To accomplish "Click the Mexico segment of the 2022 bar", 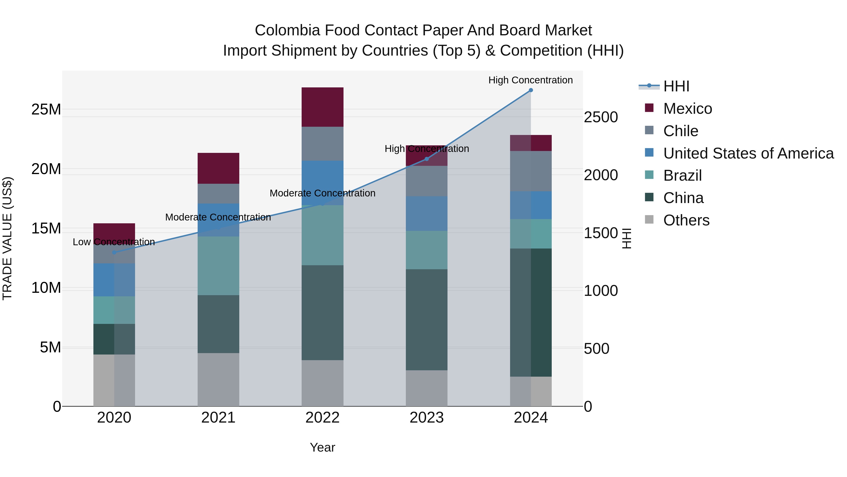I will click(322, 107).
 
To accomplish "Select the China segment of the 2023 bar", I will click(427, 319).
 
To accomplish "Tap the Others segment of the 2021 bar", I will click(218, 379).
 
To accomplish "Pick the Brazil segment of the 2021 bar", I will click(218, 266).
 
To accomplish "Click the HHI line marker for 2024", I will click(531, 90).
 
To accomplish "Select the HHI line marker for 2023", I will click(427, 159).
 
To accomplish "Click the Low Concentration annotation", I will click(114, 242).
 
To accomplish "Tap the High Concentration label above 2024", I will click(530, 80).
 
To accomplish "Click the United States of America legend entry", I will click(748, 153).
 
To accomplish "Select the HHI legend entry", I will click(676, 86).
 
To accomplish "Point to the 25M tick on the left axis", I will click(46, 109).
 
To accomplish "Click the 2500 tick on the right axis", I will click(601, 117).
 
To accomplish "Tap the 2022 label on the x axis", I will click(322, 418).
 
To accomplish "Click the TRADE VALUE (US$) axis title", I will click(7, 238).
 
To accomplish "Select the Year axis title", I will click(322, 447).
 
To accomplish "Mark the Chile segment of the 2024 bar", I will click(531, 171).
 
